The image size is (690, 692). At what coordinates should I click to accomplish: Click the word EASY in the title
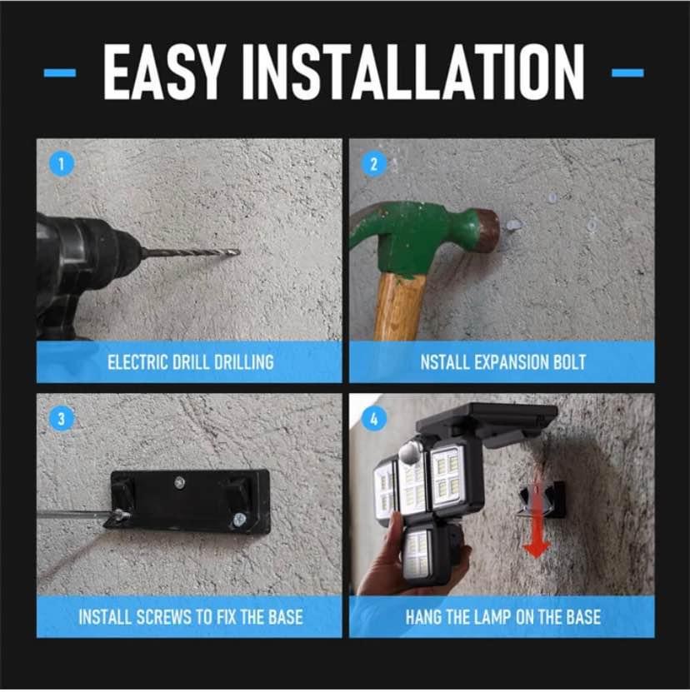click(x=163, y=72)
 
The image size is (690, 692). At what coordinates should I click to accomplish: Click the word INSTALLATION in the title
click(x=414, y=72)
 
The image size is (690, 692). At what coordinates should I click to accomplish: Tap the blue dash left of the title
click(x=60, y=72)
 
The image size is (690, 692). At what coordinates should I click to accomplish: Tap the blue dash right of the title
click(x=627, y=72)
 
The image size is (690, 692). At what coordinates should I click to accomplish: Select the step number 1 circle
click(x=62, y=164)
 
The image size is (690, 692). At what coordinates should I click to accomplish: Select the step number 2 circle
click(x=373, y=164)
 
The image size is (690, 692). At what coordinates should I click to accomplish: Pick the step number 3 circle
click(x=62, y=418)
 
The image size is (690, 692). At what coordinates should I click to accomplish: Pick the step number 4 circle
click(x=373, y=418)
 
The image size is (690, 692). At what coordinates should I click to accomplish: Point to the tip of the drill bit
click(x=239, y=252)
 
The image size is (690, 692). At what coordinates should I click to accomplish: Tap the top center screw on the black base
click(x=179, y=482)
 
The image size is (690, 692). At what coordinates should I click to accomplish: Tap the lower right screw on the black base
click(x=238, y=520)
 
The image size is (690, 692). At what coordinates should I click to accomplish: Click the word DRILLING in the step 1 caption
click(x=244, y=362)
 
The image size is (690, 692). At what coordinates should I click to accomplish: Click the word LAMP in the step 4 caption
click(x=492, y=617)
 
